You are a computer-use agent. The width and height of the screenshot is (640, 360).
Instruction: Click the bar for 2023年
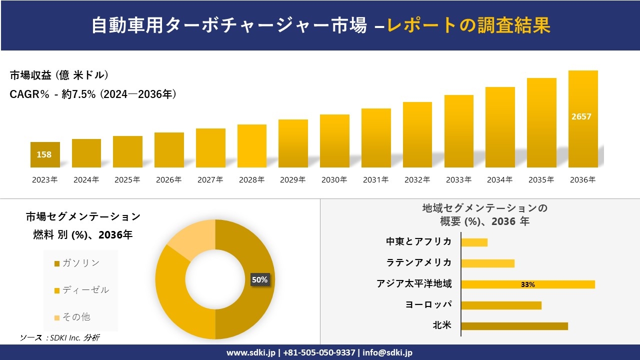pyautogui.click(x=45, y=155)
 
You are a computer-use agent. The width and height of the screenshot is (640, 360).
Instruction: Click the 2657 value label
pyautogui.click(x=581, y=116)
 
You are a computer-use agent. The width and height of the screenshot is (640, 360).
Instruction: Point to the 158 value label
pyautogui.click(x=44, y=154)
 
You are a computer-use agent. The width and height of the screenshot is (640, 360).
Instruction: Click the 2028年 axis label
pyautogui.click(x=251, y=180)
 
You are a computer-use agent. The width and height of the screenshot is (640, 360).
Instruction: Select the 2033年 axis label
pyautogui.click(x=458, y=180)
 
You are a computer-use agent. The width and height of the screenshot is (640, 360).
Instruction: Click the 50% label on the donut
pyautogui.click(x=259, y=280)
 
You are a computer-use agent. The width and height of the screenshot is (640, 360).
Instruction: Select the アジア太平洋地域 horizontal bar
pyautogui.click(x=527, y=284)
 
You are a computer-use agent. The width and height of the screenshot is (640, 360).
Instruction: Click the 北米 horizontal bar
pyautogui.click(x=514, y=326)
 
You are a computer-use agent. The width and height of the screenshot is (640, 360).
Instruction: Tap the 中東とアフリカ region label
pyautogui.click(x=418, y=242)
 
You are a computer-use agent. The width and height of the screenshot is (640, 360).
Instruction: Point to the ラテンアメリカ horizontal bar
pyautogui.click(x=487, y=263)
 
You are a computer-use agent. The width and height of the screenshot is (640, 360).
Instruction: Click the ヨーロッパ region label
pyautogui.click(x=428, y=305)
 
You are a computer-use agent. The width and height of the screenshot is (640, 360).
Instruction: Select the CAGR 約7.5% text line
pyautogui.click(x=93, y=94)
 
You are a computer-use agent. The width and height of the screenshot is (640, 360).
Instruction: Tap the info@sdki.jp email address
pyautogui.click(x=388, y=352)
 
